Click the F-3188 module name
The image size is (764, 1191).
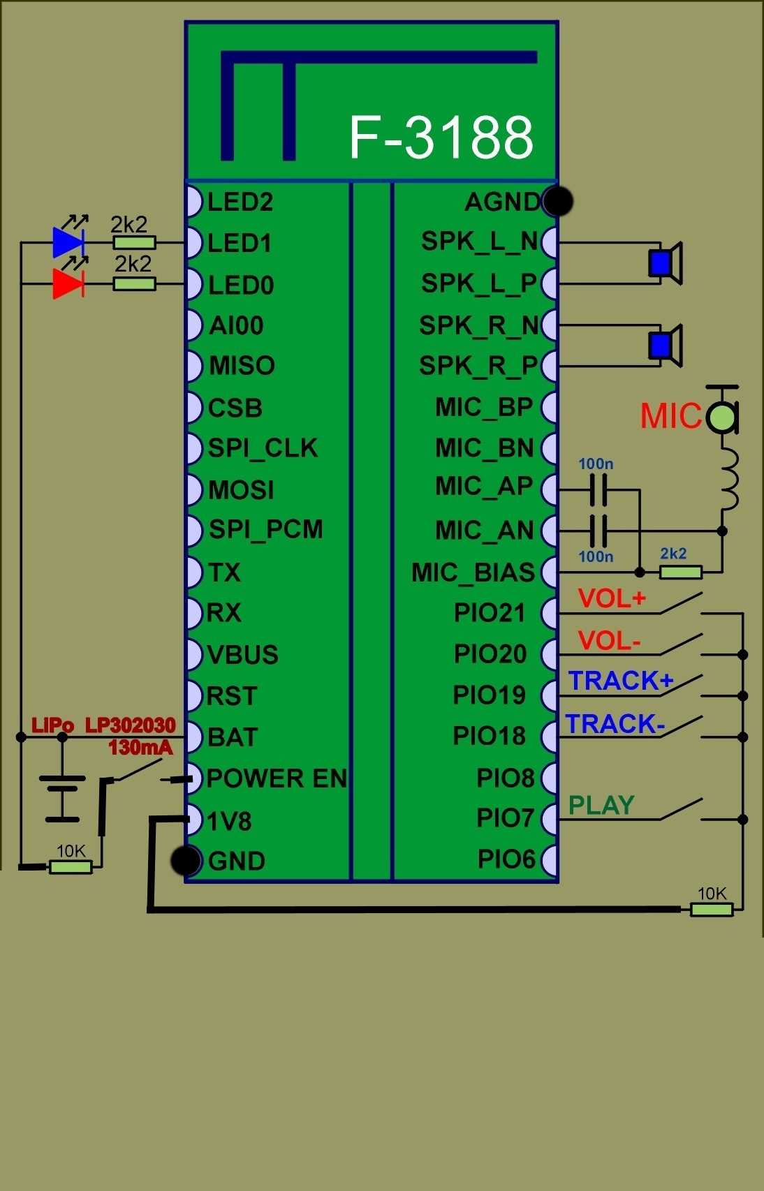[x=441, y=137]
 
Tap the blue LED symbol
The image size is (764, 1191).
[x=68, y=242]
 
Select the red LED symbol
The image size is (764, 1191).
[x=68, y=283]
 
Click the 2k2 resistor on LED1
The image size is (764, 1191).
[x=134, y=243]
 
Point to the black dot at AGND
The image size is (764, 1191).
[x=557, y=202]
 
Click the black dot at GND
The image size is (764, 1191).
[x=186, y=861]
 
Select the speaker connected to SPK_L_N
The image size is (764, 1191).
[x=665, y=263]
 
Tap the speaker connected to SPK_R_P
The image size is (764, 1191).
[x=665, y=345]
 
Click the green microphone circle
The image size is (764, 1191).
[x=721, y=417]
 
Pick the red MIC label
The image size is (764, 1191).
[x=670, y=417]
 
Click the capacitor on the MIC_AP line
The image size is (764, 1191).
[x=598, y=489]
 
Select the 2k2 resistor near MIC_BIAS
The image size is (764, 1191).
[x=680, y=572]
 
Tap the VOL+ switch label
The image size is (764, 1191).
[x=612, y=599]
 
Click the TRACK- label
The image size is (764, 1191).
[x=615, y=725]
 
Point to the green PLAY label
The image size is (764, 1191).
[x=601, y=806]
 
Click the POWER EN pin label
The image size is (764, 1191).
[x=277, y=778]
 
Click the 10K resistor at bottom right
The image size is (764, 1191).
[x=711, y=909]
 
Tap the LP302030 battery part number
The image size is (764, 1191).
[x=130, y=725]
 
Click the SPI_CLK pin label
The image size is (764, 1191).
[x=263, y=448]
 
